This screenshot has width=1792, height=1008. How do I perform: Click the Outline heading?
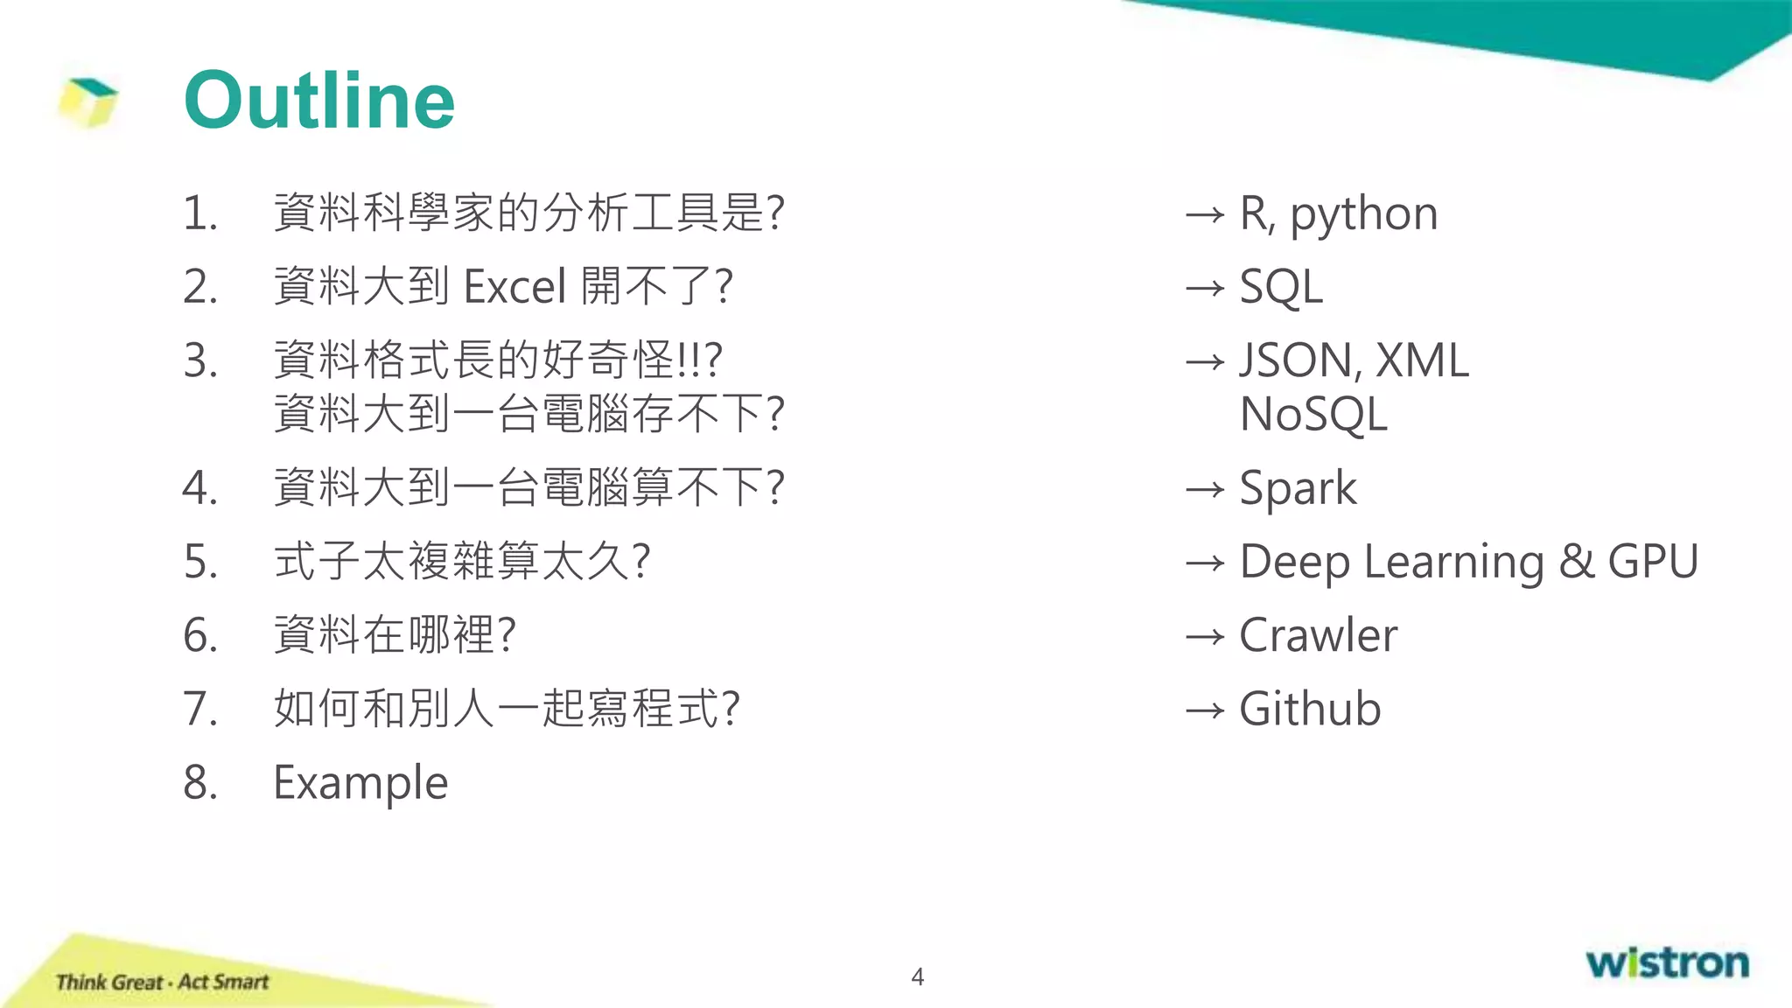pyautogui.click(x=319, y=101)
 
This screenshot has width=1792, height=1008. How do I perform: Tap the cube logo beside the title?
pyautogui.click(x=88, y=102)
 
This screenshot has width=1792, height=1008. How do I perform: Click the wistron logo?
pyautogui.click(x=1667, y=962)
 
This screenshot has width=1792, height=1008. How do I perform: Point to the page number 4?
pyautogui.click(x=917, y=976)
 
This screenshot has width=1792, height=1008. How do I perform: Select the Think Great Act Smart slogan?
pyautogui.click(x=162, y=982)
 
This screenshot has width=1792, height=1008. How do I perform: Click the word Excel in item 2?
pyautogui.click(x=515, y=287)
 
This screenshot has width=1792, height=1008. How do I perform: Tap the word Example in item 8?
pyautogui.click(x=360, y=782)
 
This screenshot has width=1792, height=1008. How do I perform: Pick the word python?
pyautogui.click(x=1364, y=215)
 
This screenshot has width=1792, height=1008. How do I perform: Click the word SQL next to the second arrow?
pyautogui.click(x=1281, y=287)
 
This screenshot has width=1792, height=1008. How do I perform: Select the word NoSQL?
pyautogui.click(x=1313, y=415)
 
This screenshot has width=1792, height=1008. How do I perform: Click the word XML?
pyautogui.click(x=1422, y=360)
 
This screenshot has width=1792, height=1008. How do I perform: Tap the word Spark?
pyautogui.click(x=1298, y=488)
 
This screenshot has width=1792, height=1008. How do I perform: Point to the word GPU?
pyautogui.click(x=1653, y=562)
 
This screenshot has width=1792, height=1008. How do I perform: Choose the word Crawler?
pyautogui.click(x=1318, y=635)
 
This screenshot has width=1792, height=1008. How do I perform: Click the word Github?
pyautogui.click(x=1310, y=709)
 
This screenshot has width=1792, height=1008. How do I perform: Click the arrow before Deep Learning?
pyautogui.click(x=1205, y=563)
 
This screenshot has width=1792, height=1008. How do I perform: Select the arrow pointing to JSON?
pyautogui.click(x=1205, y=361)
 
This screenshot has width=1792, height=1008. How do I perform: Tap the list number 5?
pyautogui.click(x=200, y=562)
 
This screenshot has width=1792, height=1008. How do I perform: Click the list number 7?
pyautogui.click(x=200, y=709)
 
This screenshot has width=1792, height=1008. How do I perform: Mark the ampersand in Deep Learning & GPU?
pyautogui.click(x=1576, y=562)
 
